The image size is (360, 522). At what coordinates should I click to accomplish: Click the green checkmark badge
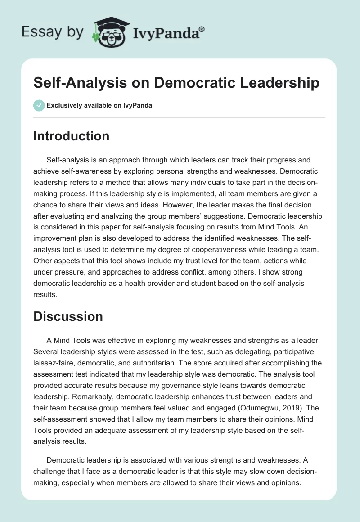(x=39, y=105)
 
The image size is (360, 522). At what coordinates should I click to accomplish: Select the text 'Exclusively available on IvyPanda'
(x=99, y=105)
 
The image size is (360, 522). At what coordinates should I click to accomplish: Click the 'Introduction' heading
(x=71, y=136)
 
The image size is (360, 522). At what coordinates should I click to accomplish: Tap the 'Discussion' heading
(x=68, y=316)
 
